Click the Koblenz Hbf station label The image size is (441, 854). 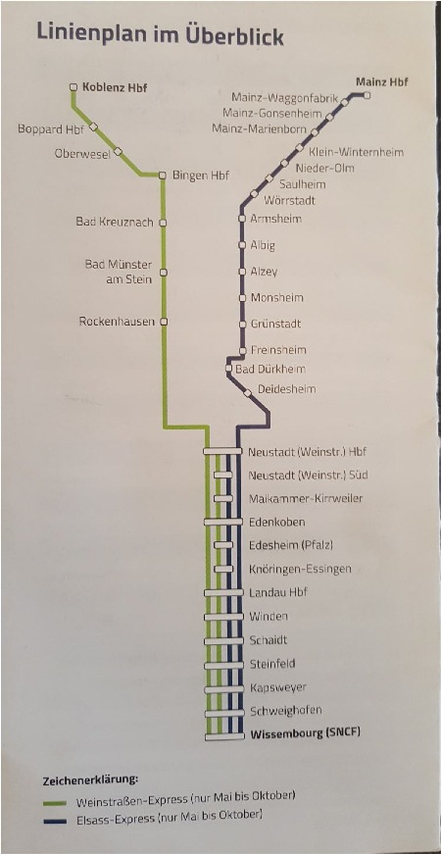coord(115,87)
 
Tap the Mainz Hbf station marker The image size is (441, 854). coord(367,96)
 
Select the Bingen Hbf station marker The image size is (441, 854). coord(163,176)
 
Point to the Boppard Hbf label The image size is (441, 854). coord(51,129)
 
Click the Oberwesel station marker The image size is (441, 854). coord(118,151)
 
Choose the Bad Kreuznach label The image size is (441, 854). coord(115,223)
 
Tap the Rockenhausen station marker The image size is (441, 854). coord(163,322)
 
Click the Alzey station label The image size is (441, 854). coord(264,272)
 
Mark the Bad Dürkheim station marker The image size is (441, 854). coord(229,370)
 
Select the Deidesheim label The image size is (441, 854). coord(286,389)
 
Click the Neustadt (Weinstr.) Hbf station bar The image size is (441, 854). coord(222,451)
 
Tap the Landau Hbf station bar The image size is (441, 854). coord(222,593)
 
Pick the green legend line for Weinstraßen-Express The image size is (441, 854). coord(55,803)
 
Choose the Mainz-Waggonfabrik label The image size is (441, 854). coord(285,98)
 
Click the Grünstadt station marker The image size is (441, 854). coord(243,325)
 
